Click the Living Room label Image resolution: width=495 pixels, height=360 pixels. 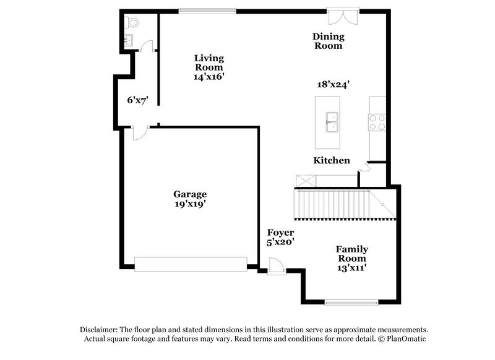[x=209, y=62]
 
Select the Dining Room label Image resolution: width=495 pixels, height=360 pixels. [x=328, y=41]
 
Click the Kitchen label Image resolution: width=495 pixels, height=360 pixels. [x=332, y=161]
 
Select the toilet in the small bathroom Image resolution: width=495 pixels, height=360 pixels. [x=131, y=22]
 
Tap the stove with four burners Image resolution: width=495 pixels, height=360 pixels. [x=377, y=122]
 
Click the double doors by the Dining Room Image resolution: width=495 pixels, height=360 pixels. [x=343, y=15]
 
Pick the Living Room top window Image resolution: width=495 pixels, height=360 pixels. [x=207, y=10]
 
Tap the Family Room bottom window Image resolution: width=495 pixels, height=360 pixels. [x=351, y=302]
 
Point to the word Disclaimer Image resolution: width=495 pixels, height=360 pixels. [x=98, y=330]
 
